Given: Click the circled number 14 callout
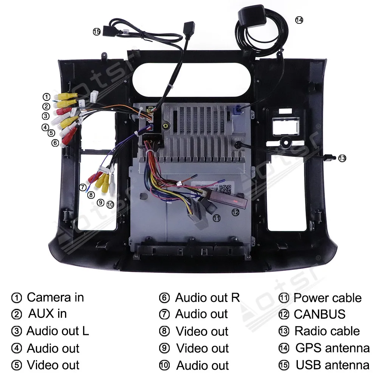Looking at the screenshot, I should tap(299, 20).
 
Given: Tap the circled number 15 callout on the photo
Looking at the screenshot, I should tap(96, 32).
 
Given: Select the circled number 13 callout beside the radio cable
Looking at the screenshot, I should tap(342, 158).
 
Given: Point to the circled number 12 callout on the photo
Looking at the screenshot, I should tap(235, 212).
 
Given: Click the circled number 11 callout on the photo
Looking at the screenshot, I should tap(216, 218).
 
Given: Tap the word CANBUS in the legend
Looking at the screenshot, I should tap(319, 314).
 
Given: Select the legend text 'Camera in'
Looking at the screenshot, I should tap(55, 297).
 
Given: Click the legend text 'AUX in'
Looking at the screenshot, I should tap(47, 313).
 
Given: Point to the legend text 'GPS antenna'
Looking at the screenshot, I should tap(332, 347).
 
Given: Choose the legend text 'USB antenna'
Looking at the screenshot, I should tap(332, 365).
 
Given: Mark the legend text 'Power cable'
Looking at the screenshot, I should tap(327, 298).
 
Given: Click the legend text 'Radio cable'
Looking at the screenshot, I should tap(327, 331).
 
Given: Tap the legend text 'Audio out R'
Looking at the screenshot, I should tap(207, 297).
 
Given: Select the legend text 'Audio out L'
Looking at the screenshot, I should tap(57, 331).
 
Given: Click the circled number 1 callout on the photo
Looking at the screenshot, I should tap(46, 97).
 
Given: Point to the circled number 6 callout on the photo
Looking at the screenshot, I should tap(55, 143).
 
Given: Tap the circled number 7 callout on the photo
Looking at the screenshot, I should tap(83, 187).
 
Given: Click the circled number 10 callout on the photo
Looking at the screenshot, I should tap(110, 204).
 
